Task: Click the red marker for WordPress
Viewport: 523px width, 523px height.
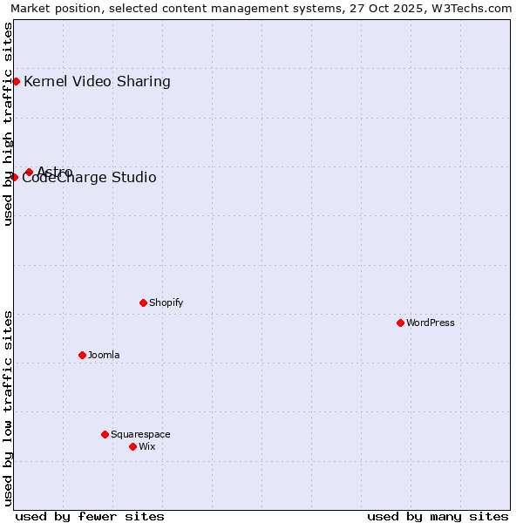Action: coord(400,323)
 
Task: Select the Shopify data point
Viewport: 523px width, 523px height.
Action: coord(143,302)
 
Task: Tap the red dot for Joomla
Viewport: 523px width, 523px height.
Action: coord(82,355)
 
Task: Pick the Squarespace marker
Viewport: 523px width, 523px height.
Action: coord(105,434)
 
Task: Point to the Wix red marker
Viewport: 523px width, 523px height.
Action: coord(132,446)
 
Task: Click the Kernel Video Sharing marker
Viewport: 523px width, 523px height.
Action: coord(16,81)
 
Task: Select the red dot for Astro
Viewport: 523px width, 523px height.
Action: coord(29,172)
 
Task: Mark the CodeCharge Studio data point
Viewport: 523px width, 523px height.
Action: coord(14,177)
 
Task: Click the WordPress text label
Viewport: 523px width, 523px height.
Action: coord(431,323)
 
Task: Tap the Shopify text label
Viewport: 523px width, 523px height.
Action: coord(166,302)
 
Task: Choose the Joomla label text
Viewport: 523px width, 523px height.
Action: coord(104,355)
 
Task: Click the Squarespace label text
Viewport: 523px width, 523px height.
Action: coord(140,434)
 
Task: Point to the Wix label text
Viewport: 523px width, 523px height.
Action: coord(146,446)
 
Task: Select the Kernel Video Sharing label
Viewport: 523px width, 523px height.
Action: coord(97,82)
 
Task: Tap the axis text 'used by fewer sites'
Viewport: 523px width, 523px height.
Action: coord(90,516)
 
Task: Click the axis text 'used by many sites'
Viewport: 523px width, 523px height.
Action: coord(438,516)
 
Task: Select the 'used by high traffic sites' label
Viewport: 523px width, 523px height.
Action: coord(8,124)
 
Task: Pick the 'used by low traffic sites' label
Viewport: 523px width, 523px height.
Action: coord(8,408)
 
